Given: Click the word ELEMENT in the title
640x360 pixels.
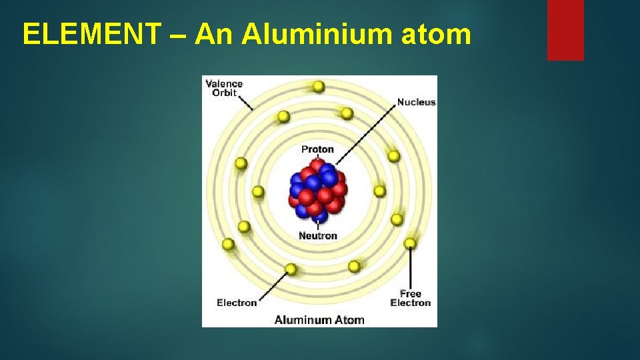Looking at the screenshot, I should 91,34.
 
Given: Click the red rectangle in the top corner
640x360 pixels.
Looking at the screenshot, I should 565,30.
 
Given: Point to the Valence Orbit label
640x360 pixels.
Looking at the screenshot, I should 224,88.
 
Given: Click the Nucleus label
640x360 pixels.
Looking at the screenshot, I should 416,103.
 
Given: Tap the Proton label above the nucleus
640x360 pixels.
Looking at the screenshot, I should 317,149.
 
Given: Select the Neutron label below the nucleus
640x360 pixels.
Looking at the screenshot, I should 318,235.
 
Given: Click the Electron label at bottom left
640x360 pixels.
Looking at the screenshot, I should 237,303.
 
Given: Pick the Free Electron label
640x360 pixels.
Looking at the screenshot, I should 411,298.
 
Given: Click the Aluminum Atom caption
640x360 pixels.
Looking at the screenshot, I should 319,320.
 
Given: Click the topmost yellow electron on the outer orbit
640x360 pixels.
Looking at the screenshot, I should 319,86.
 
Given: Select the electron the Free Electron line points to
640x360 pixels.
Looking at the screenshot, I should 410,243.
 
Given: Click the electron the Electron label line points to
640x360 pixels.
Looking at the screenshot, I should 291,269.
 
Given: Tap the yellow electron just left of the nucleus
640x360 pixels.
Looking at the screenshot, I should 258,192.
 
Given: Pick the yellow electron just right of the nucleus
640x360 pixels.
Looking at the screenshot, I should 379,191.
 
